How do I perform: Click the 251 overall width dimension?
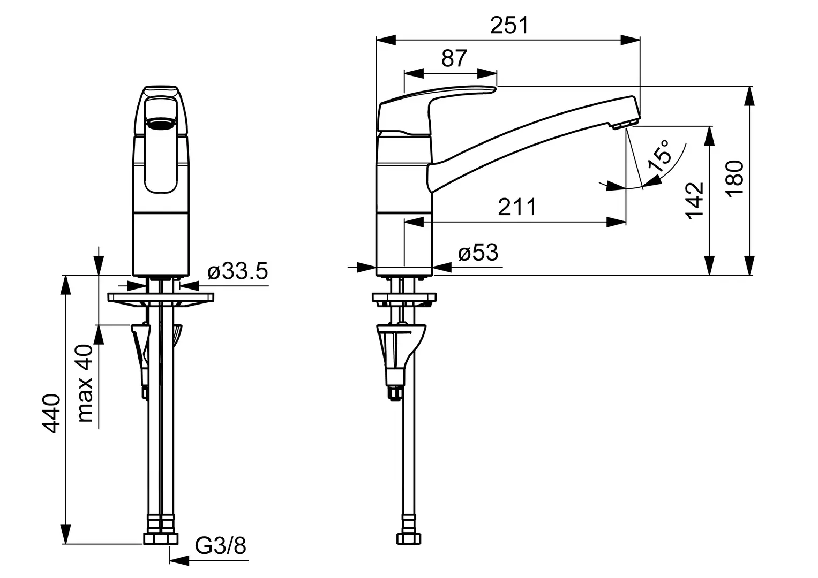coord(509,25)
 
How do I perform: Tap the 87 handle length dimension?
coord(454,58)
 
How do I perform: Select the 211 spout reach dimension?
coord(517,207)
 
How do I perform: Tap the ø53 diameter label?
coord(478,253)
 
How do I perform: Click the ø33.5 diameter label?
coord(238,271)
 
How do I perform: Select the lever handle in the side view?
coord(437,110)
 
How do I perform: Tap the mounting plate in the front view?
coord(161,298)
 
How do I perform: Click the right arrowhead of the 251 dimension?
coord(631,40)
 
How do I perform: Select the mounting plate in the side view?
coord(404,298)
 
